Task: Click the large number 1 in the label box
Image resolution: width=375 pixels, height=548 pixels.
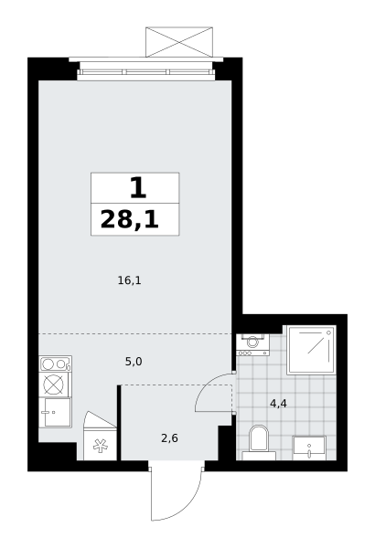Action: [x=138, y=187]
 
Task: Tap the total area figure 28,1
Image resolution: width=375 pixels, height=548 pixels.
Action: [x=130, y=220]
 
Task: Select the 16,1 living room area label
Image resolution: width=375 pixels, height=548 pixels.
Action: [x=129, y=280]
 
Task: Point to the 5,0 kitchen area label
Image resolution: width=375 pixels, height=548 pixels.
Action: [x=134, y=362]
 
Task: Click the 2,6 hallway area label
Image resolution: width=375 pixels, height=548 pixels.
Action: [x=169, y=437]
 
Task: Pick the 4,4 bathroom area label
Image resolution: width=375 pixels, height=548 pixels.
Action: [x=278, y=404]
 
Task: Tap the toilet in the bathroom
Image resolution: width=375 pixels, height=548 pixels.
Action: [x=259, y=442]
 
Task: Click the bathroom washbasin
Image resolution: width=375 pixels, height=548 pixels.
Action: [x=309, y=448]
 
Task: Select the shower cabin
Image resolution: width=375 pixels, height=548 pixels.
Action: [x=311, y=350]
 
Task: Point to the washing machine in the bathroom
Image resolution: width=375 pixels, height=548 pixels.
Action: [x=252, y=344]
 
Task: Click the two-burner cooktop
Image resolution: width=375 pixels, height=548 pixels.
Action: [x=55, y=364]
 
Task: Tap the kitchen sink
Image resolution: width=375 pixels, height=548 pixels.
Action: [x=55, y=413]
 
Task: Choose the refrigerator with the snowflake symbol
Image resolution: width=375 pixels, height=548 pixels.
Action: [x=100, y=437]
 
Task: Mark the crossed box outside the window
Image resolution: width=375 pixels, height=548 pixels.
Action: [x=179, y=42]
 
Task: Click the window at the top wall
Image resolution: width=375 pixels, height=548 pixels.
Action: [x=145, y=72]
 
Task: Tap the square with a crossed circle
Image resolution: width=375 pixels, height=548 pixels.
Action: [x=54, y=385]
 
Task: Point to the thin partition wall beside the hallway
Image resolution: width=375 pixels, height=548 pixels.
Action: [x=119, y=423]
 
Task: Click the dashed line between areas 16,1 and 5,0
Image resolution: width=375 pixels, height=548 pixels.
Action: [x=134, y=334]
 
